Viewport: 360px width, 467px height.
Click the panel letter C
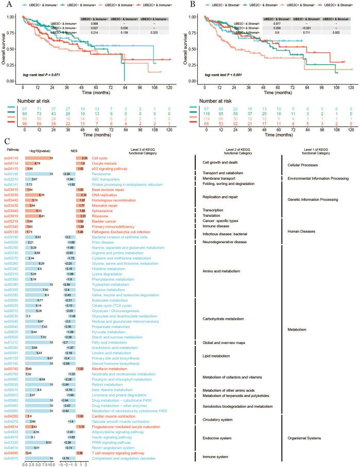[x=6, y=141]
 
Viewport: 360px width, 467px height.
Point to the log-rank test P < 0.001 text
[x=222, y=75]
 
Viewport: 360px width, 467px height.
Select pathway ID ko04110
[x=11, y=158]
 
